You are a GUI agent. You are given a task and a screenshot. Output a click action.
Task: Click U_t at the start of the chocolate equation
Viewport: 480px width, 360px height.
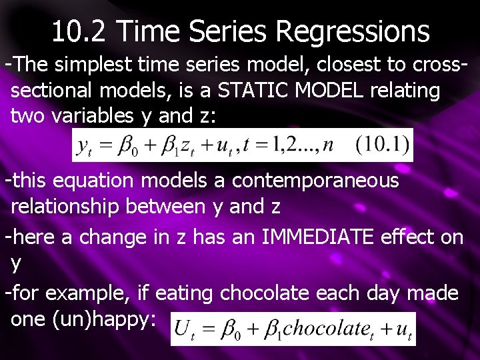click(x=184, y=329)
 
